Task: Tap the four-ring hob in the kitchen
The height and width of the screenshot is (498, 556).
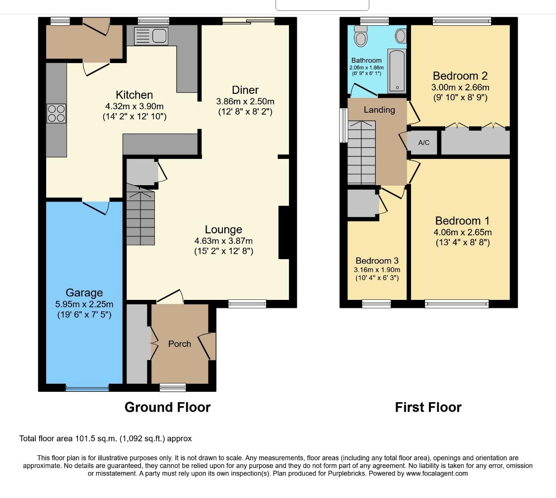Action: [56, 114]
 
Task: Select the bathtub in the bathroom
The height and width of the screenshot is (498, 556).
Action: [396, 71]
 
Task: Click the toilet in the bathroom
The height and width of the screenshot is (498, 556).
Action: [360, 36]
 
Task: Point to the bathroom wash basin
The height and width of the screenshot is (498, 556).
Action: [401, 35]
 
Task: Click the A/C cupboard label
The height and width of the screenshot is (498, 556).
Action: [423, 142]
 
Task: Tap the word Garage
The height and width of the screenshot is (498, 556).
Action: [84, 293]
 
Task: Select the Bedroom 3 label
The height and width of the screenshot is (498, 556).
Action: [377, 261]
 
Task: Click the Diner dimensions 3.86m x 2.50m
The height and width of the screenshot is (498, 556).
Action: [245, 101]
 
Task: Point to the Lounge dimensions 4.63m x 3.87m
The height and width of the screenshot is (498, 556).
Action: [223, 241]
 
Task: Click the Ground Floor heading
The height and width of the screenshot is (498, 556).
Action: [167, 408]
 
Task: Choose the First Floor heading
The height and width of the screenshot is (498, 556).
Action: [428, 408]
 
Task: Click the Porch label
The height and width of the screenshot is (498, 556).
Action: [179, 344]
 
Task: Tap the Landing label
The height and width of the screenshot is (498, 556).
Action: [379, 110]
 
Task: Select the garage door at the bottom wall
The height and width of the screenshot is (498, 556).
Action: [87, 388]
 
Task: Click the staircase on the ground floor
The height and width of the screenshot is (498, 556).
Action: [140, 215]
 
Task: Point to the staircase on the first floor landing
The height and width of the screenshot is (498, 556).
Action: [361, 152]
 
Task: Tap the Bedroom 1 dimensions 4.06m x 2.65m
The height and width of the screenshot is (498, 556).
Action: [463, 232]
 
